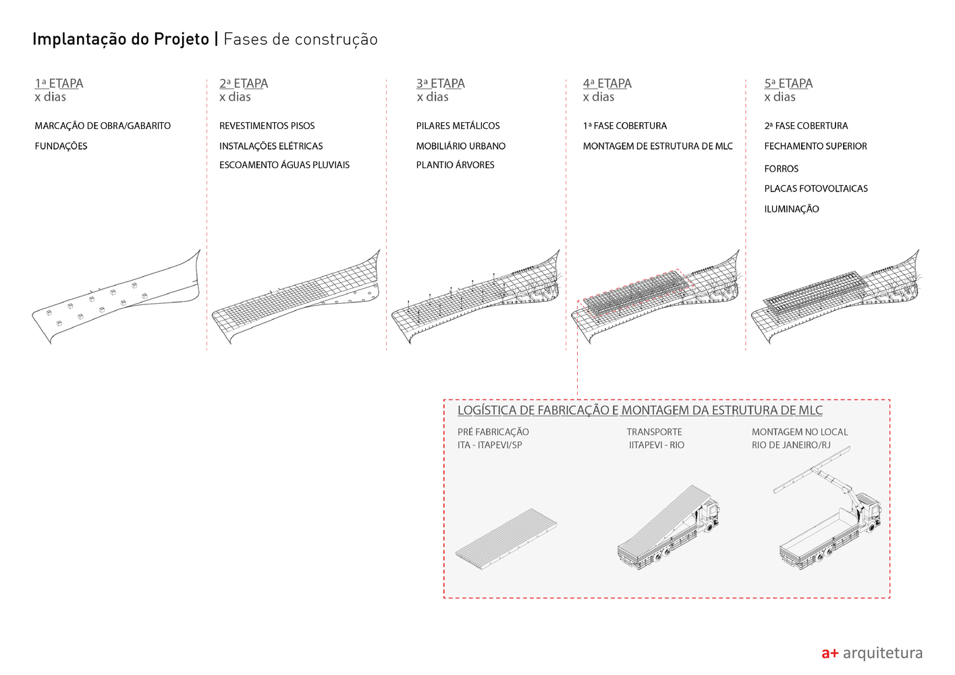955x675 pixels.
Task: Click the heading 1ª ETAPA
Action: click(x=59, y=83)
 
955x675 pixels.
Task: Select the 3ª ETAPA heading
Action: click(x=441, y=83)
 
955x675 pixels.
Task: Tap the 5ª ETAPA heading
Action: click(x=788, y=83)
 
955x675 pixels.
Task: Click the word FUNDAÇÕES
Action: click(x=61, y=146)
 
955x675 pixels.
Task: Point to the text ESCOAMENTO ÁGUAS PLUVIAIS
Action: click(x=284, y=165)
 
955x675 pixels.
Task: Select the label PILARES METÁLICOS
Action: click(x=458, y=126)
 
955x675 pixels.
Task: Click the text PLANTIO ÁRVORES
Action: click(x=456, y=165)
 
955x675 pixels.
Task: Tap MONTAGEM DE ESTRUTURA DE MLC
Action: click(x=658, y=146)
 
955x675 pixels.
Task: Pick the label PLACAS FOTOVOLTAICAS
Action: click(x=816, y=188)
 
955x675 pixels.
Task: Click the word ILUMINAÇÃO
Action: click(x=792, y=209)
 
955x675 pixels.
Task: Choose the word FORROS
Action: click(x=781, y=169)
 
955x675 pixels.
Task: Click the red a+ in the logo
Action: click(x=829, y=653)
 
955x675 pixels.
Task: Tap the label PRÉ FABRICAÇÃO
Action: click(x=493, y=432)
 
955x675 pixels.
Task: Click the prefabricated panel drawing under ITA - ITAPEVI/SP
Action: click(x=506, y=539)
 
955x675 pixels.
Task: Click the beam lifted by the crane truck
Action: click(x=812, y=470)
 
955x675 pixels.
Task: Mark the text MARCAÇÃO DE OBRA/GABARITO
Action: click(x=103, y=126)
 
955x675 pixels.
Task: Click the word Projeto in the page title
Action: click(x=181, y=39)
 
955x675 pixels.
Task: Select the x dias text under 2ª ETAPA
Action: click(x=235, y=97)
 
